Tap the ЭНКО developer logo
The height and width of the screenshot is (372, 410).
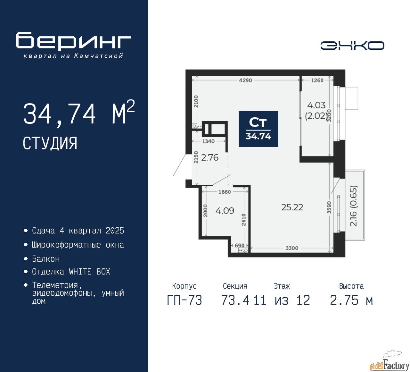coord(352,46)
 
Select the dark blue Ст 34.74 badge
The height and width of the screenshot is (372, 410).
coord(258,129)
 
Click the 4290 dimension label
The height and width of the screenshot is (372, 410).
coord(245,80)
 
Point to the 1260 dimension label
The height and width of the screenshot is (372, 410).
coord(317,80)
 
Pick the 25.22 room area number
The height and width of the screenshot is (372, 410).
coord(292,207)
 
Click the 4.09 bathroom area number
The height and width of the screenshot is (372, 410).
coord(225,211)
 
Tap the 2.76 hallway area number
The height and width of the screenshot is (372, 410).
coord(210,157)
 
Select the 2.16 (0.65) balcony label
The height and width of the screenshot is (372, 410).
coord(353,206)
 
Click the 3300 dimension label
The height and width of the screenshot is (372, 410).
coord(292,248)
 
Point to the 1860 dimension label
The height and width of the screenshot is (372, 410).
coord(225,192)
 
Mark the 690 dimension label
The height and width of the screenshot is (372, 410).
coord(240,245)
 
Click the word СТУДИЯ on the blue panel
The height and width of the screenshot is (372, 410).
coord(50,143)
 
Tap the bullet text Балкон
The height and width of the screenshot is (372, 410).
coord(46,259)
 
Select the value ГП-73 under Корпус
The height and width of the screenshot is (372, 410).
coord(184,300)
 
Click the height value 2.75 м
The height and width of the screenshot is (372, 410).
coord(351,300)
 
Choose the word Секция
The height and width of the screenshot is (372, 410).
coord(235,286)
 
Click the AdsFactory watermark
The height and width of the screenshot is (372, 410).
coord(389,364)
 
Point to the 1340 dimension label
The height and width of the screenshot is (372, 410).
coord(208,141)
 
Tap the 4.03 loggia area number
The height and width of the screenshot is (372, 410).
coord(316,105)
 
